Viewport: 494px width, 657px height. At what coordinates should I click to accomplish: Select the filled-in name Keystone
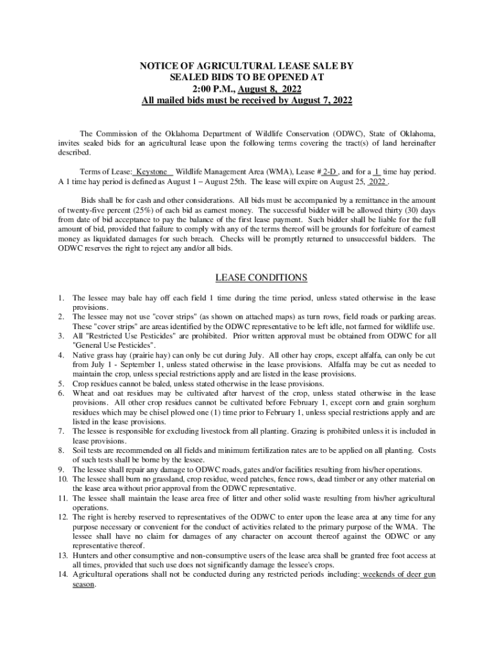coord(151,172)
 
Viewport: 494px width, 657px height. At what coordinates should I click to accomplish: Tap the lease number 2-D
coord(329,172)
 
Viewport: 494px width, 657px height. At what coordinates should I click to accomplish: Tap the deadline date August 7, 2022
coord(319,101)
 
